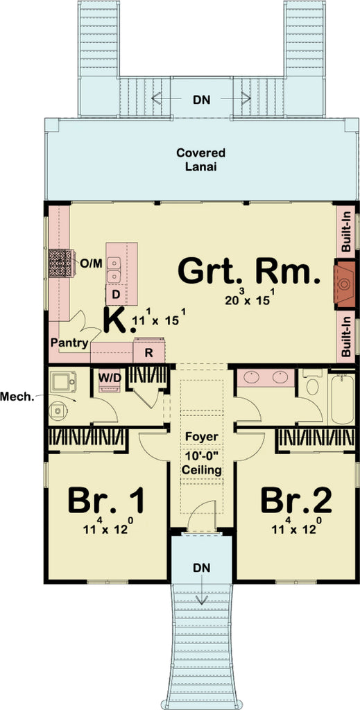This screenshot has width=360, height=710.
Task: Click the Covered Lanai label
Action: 200,159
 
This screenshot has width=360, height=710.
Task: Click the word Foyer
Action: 201,437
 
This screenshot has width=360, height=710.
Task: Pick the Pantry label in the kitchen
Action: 69,343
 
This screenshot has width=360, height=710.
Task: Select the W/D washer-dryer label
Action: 110,377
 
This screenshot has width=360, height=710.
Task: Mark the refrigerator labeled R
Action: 148,352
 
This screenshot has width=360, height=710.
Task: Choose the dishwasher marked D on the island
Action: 117,295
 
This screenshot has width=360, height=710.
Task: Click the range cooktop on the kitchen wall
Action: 60,263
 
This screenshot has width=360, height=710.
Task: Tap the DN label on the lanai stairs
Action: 201,99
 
